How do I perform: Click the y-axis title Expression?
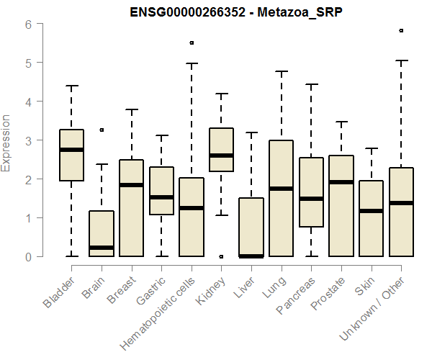(6, 143)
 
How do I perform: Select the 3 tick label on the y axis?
(28, 140)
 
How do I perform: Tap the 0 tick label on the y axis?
(28, 256)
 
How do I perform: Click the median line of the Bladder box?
(71, 150)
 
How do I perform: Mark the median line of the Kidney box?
(221, 156)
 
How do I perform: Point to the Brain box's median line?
(102, 248)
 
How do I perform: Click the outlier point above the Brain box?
(102, 130)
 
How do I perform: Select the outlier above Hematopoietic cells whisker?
(192, 42)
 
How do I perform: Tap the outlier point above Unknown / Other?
(401, 31)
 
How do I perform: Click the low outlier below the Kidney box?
(221, 256)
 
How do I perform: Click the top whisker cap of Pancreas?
(311, 84)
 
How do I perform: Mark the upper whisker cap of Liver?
(251, 132)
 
